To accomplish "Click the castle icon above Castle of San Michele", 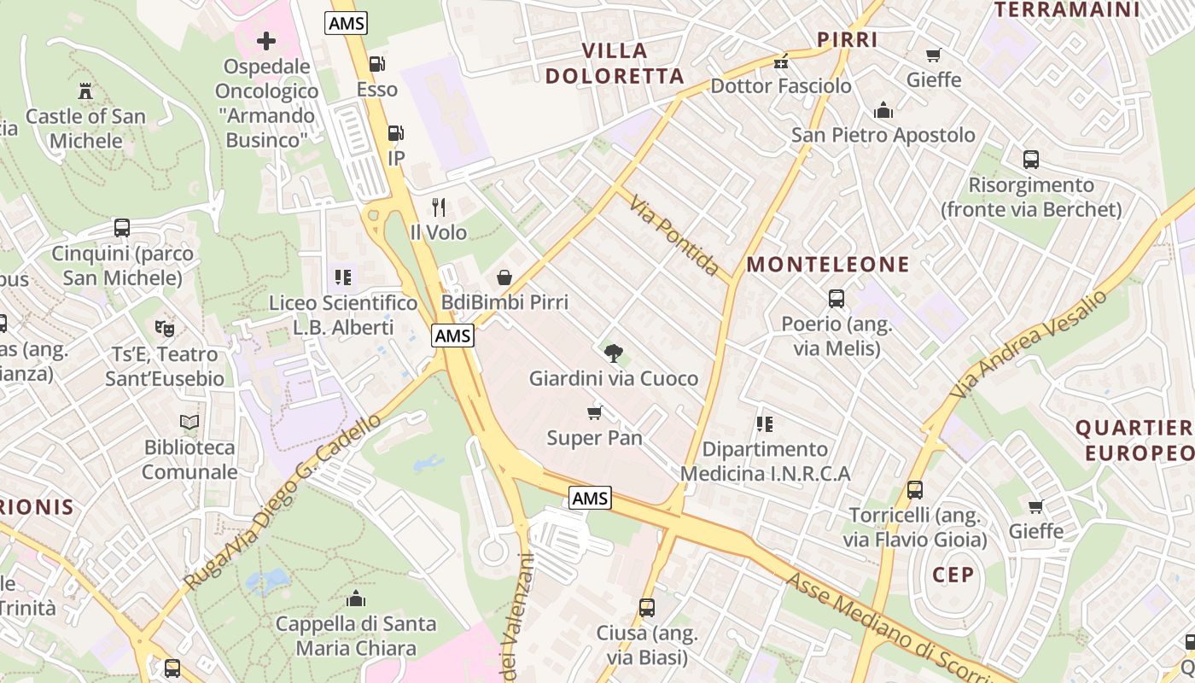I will (85, 90).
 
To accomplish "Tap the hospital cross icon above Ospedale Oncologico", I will (266, 40).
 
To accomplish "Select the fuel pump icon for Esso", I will (376, 64).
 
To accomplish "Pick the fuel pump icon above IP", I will (395, 133).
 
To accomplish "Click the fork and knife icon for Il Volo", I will (439, 207).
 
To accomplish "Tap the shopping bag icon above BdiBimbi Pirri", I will (504, 277).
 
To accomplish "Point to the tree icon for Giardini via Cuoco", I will (613, 353).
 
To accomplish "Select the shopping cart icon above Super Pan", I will (594, 413).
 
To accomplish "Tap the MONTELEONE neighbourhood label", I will (828, 265).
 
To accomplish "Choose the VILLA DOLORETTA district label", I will (615, 63).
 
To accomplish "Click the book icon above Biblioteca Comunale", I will (189, 422).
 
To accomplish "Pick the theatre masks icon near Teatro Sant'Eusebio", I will (164, 328).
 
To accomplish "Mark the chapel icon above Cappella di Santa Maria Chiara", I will (355, 598).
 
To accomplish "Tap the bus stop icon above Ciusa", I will (647, 608).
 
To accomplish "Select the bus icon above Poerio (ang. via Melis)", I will (836, 299).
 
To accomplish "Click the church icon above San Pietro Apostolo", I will (883, 110).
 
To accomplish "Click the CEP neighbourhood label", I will (953, 575).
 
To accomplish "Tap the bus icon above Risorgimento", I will (1031, 160).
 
